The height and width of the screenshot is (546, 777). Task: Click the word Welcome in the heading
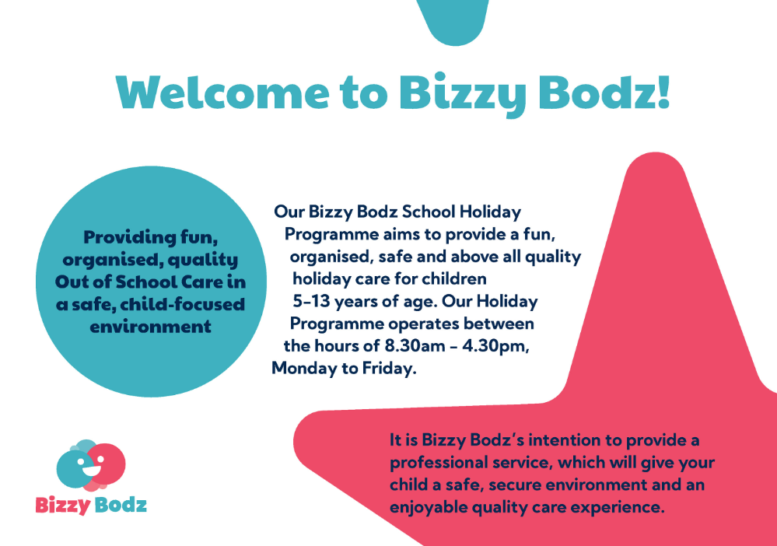222,93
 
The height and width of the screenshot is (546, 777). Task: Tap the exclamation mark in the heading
663,92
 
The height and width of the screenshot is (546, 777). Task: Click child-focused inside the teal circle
183,303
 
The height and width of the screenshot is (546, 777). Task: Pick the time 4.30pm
495,346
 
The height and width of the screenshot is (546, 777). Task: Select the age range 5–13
311,301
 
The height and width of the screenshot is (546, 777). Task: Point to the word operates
424,324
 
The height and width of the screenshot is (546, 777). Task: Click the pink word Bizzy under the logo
63,506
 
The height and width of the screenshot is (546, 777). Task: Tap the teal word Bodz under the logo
121,505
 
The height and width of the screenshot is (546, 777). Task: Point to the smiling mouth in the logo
89,470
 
